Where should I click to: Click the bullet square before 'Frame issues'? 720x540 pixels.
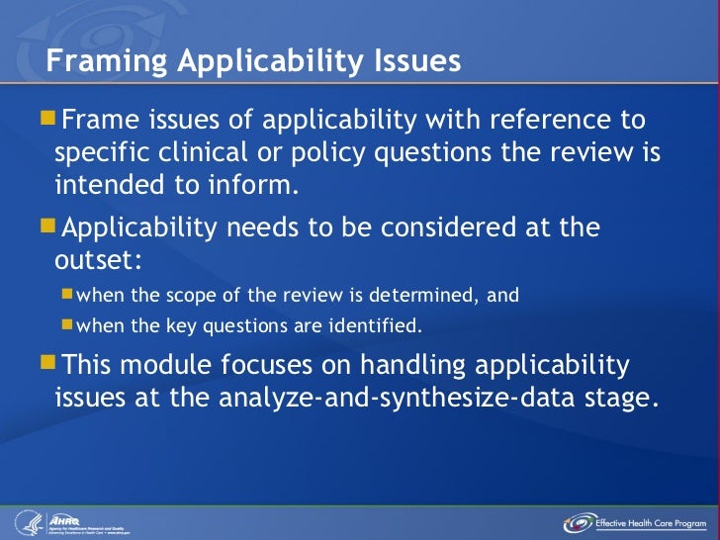coord(49,121)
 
